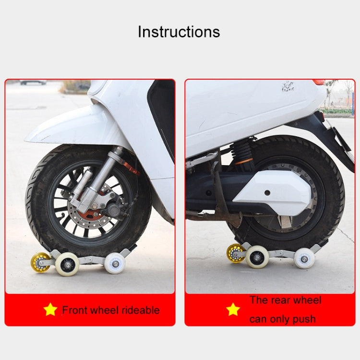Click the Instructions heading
pos(179,32)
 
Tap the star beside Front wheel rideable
pos(50,310)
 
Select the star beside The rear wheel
pos(233,310)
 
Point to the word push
pos(302,319)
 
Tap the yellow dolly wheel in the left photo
pos(40,262)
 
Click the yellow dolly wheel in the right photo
pos(236,253)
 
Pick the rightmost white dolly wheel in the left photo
pos(115,263)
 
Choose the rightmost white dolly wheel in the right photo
pos(304,258)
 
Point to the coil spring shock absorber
pos(243,152)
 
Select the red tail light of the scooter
pos(319,82)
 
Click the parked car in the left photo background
pos(33,82)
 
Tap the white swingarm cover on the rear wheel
pos(274,192)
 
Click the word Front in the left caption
pos(75,310)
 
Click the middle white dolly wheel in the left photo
pos(67,264)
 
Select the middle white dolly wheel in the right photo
pos(257,257)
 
